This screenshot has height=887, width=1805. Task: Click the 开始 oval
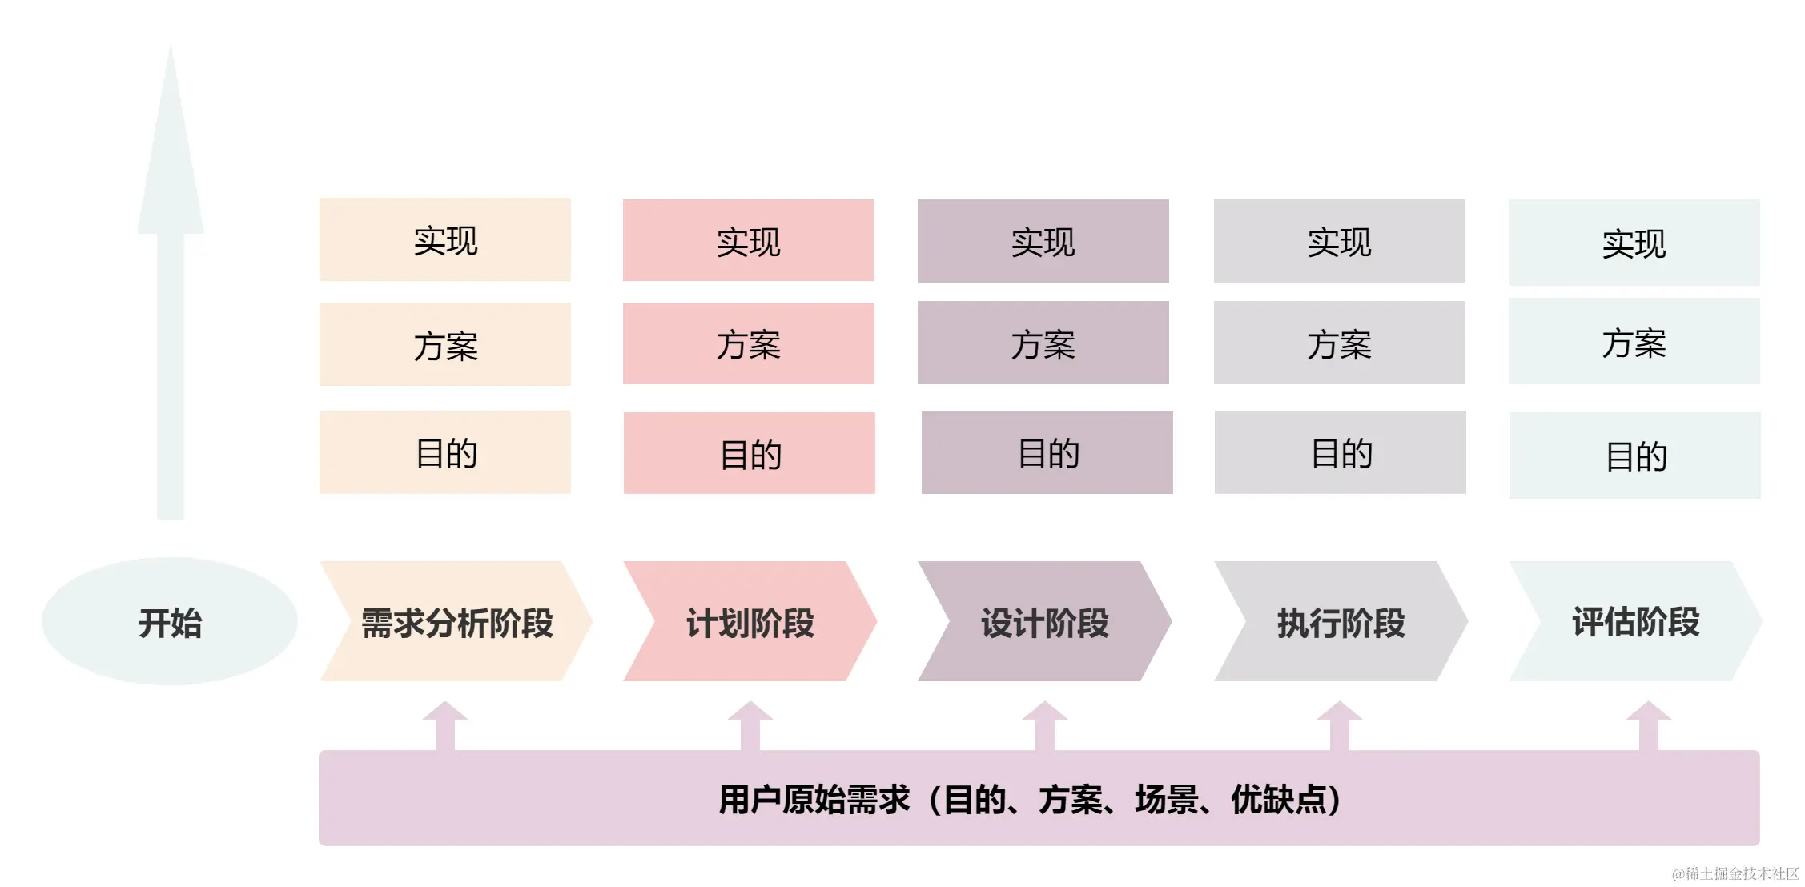[x=170, y=622]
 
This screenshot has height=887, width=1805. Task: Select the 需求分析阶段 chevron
[x=456, y=622]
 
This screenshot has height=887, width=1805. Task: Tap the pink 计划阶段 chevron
[x=750, y=622]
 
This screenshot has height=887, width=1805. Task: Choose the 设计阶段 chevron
[x=1044, y=622]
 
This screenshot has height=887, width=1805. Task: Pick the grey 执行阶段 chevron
[x=1341, y=622]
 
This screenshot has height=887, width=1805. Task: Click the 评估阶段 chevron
[x=1635, y=622]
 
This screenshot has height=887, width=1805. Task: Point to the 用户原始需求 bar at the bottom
[x=1039, y=798]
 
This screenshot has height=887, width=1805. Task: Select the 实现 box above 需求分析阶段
[x=445, y=240]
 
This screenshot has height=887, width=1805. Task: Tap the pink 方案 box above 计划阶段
[x=749, y=344]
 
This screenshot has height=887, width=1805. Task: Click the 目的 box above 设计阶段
[x=1047, y=453]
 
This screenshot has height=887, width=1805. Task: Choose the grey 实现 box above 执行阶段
[x=1340, y=241]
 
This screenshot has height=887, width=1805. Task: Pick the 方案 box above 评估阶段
[x=1634, y=343]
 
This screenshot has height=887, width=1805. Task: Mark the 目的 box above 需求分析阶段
[x=445, y=453]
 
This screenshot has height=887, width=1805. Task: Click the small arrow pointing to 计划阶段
[x=750, y=725]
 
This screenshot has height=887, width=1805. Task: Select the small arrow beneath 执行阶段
[x=1340, y=725]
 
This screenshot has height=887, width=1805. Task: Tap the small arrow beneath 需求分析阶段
[x=445, y=725]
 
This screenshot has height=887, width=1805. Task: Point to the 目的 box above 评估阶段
[x=1635, y=456]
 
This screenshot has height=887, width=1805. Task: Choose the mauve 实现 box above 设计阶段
[x=1043, y=241]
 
